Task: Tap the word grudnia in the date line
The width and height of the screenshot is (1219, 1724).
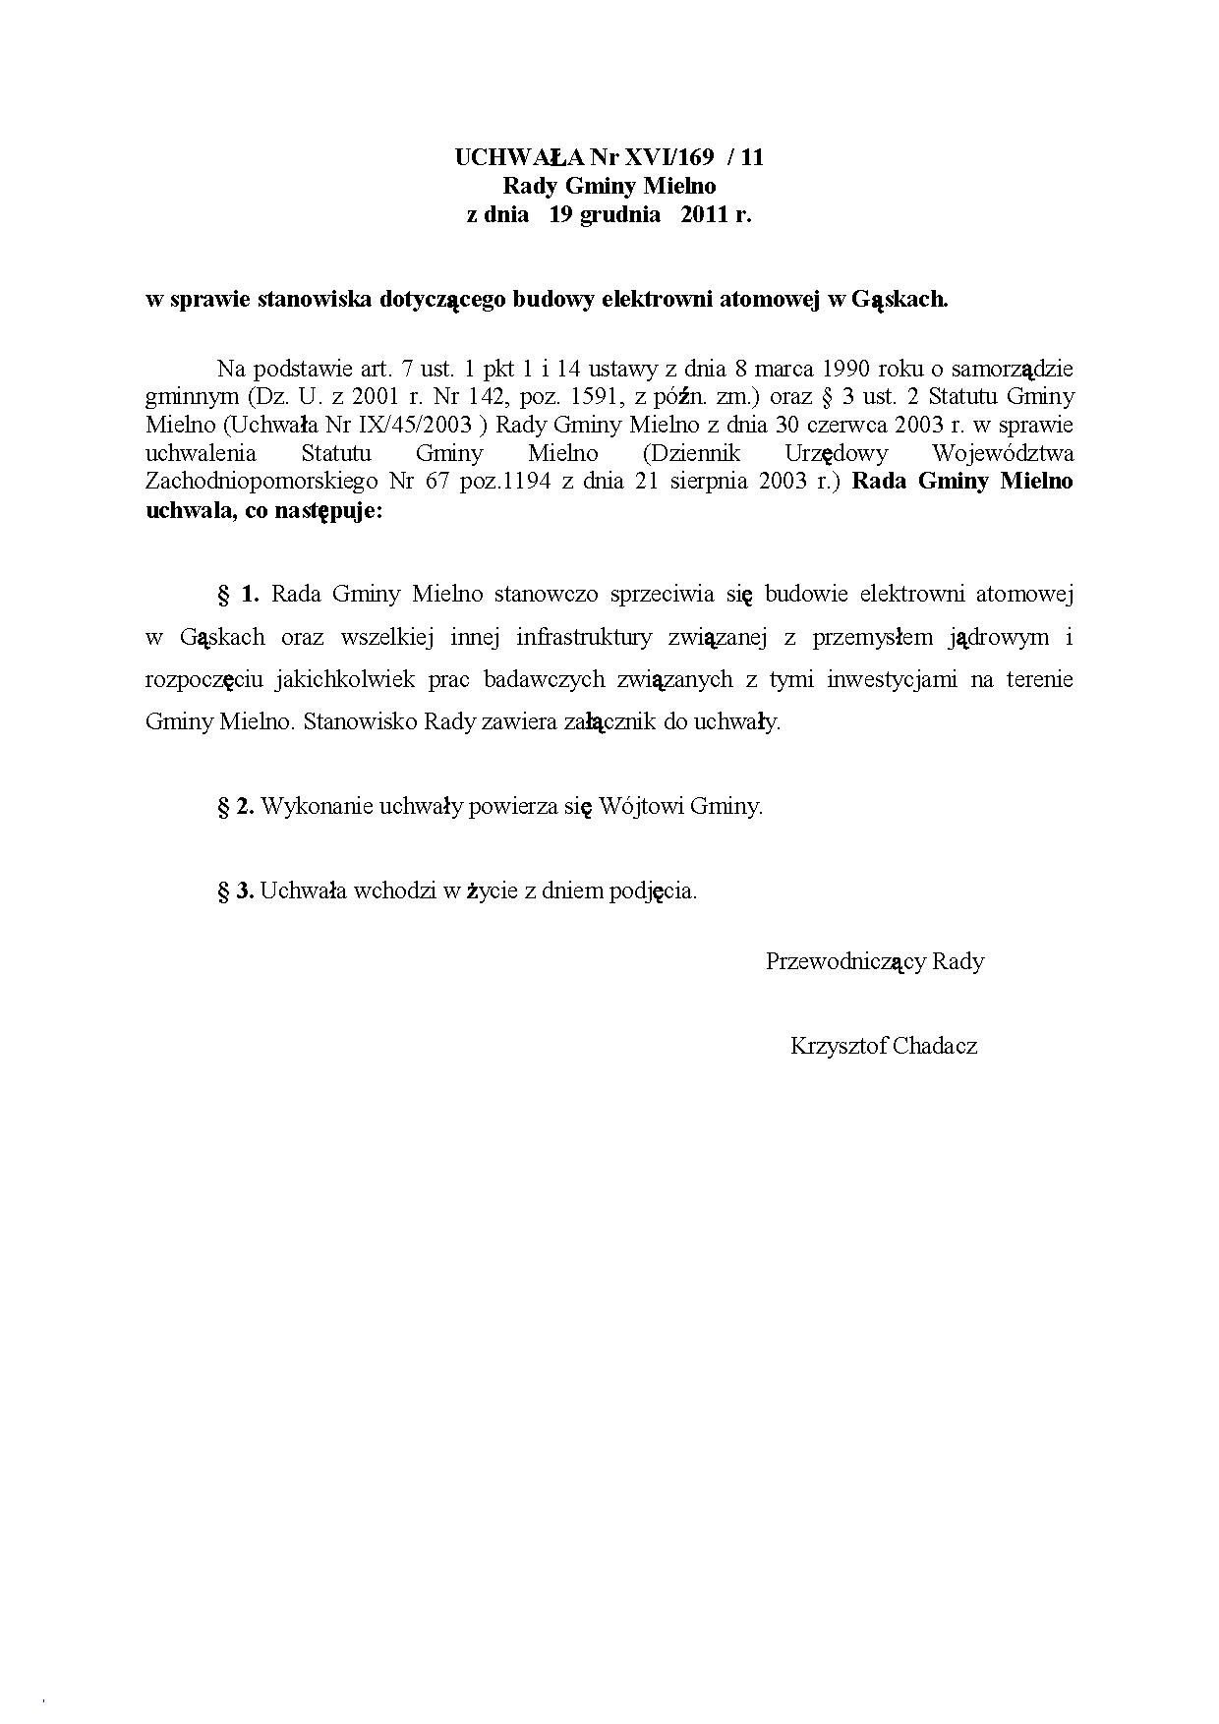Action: coord(620,215)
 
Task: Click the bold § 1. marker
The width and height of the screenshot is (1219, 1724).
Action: coord(238,594)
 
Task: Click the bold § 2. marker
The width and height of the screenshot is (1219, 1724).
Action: coord(236,807)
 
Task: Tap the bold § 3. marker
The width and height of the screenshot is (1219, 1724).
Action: coord(236,891)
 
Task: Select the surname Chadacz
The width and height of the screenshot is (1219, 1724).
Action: coord(935,1046)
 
